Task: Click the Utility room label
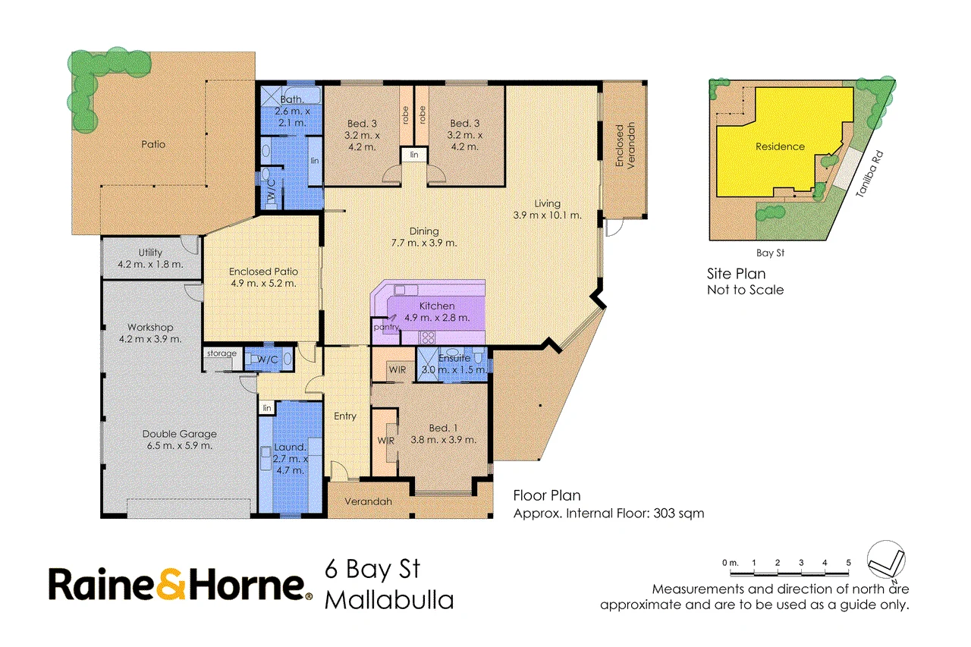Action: click(x=150, y=253)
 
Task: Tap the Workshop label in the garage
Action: click(x=150, y=327)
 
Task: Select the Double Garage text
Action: click(x=180, y=434)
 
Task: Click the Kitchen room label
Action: click(x=437, y=306)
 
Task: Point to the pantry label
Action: click(x=387, y=327)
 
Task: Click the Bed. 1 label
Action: click(x=444, y=428)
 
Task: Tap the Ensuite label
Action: click(x=454, y=358)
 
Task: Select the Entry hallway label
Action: click(x=345, y=416)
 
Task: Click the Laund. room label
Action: click(x=290, y=448)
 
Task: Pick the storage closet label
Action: click(x=222, y=353)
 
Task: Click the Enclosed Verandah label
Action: click(x=624, y=145)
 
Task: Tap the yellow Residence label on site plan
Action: click(x=780, y=146)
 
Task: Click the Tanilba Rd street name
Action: click(x=869, y=174)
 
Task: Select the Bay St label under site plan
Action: click(x=770, y=253)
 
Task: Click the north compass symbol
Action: click(x=886, y=560)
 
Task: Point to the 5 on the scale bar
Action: click(x=848, y=563)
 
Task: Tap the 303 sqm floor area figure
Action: click(x=678, y=514)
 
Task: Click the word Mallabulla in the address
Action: click(x=389, y=600)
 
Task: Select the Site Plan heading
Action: click(x=736, y=274)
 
